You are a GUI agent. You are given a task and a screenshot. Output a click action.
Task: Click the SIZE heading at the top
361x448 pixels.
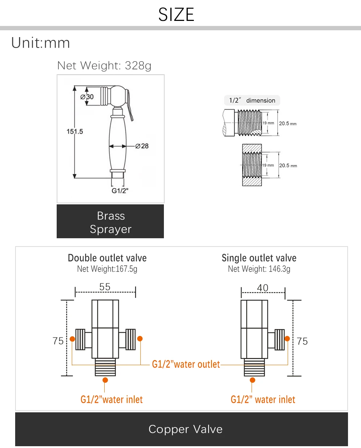[176, 14]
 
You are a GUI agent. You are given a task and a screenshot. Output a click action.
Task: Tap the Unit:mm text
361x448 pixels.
[40, 43]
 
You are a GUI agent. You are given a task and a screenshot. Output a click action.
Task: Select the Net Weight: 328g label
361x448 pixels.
[104, 66]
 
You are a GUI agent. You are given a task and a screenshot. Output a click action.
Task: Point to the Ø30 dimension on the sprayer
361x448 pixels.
[87, 97]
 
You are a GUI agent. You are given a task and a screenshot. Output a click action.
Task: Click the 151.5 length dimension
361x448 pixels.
[75, 131]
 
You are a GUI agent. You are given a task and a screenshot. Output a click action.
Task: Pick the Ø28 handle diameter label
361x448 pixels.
[142, 146]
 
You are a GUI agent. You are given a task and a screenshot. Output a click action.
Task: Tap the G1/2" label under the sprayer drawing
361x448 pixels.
[120, 191]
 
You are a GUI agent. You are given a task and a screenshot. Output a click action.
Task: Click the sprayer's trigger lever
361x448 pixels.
[130, 105]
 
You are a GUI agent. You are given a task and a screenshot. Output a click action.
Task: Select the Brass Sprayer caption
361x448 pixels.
[110, 222]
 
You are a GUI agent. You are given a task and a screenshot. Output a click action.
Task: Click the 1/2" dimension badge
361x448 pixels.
[252, 100]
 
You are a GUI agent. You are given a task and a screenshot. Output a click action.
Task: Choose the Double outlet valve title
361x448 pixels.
[107, 258]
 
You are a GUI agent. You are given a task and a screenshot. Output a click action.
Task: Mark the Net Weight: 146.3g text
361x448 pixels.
[259, 269]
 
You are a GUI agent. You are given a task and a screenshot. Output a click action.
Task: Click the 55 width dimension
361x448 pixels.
[105, 287]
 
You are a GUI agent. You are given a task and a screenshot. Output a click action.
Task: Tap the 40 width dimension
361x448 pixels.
[262, 288]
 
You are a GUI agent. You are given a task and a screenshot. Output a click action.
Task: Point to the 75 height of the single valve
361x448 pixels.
[302, 341]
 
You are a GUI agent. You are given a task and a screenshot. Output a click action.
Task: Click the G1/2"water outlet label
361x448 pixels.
[186, 364]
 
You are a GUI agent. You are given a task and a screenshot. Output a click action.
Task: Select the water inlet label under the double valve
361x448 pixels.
[112, 399]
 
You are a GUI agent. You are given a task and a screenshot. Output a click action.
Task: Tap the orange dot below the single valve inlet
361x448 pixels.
[252, 380]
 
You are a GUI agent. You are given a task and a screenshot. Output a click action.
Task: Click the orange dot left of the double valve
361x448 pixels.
[72, 339]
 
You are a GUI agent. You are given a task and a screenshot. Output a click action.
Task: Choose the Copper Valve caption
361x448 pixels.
[186, 429]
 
